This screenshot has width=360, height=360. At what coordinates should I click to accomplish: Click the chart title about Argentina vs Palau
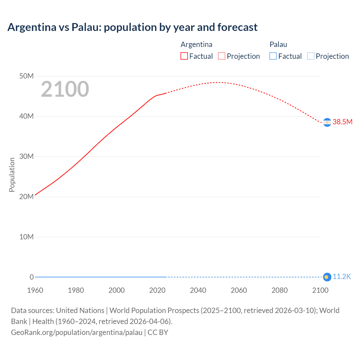coord(132,27)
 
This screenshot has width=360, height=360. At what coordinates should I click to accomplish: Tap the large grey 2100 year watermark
coord(65,89)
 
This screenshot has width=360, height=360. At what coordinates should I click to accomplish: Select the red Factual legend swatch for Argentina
coord(184,56)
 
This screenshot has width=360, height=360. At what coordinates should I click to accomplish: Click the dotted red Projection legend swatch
coord(222,56)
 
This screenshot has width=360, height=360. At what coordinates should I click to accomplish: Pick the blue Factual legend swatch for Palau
coord(273,56)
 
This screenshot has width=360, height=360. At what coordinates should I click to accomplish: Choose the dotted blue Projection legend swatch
coord(310,56)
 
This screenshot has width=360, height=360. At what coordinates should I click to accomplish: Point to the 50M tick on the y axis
coord(26,76)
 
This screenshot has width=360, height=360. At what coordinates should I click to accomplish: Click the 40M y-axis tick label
coord(26,116)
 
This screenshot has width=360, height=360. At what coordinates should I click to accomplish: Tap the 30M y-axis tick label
coord(26,157)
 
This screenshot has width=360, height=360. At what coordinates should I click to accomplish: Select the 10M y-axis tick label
coord(26,237)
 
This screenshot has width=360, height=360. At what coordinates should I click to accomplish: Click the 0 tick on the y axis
coord(31,277)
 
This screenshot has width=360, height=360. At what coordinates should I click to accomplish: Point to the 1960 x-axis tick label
coord(35,290)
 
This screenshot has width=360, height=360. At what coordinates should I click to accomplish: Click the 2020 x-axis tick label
coord(157,290)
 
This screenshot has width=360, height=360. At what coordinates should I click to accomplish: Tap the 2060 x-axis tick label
coord(239,290)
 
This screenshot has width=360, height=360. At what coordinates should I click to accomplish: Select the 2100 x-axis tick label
coord(320,290)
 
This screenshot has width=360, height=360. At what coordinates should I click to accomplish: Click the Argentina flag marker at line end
coord(327,122)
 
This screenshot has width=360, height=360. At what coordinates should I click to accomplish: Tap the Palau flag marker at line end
coord(327,277)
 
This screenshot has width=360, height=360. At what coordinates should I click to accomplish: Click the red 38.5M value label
coord(342,122)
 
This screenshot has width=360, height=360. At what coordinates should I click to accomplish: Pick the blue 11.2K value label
coord(342,277)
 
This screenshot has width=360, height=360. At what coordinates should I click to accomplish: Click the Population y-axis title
coord(12,175)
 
